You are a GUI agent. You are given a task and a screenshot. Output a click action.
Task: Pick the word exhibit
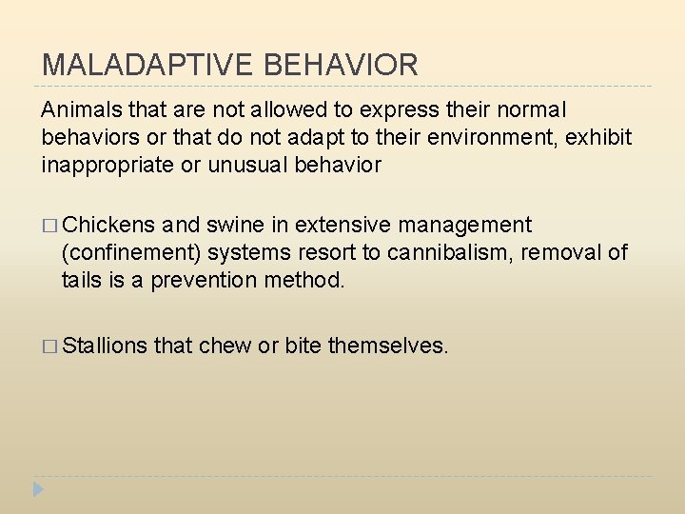point(598,138)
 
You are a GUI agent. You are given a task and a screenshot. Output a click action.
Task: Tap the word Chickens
point(108,226)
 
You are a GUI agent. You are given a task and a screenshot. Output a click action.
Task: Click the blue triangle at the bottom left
point(38,490)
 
